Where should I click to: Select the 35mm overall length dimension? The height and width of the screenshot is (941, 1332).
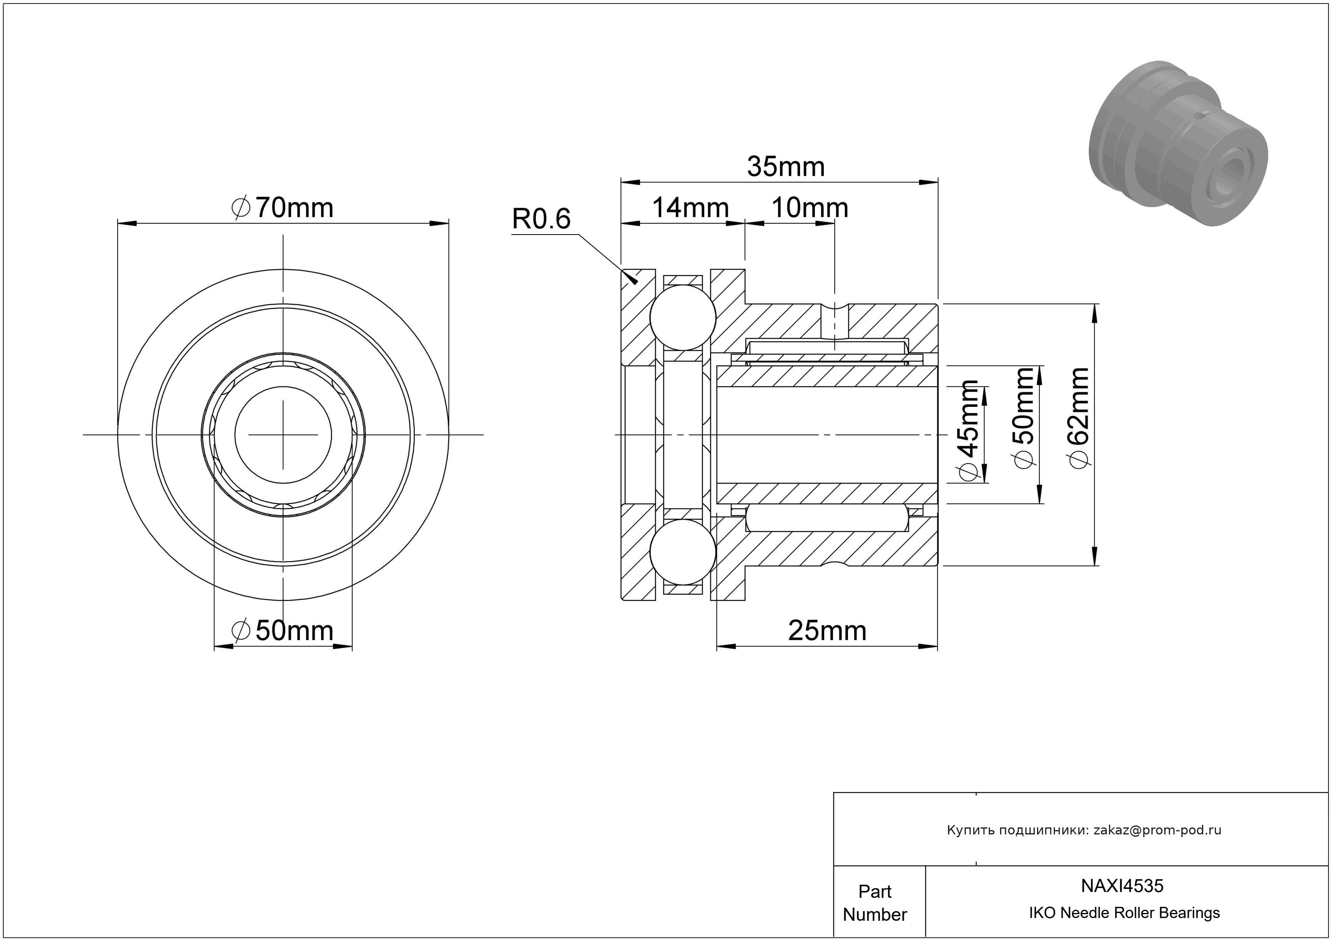(x=786, y=167)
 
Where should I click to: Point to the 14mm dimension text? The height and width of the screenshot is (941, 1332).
(x=690, y=208)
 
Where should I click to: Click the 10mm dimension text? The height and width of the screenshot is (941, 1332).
(x=810, y=208)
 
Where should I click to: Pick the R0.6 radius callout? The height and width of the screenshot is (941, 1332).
(x=541, y=219)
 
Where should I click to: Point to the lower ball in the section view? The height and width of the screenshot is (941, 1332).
(x=683, y=552)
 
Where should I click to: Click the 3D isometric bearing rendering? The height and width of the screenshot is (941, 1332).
(x=1178, y=143)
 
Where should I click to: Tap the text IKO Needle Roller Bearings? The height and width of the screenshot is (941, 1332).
(x=1124, y=913)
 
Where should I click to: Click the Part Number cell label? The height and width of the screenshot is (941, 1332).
(x=875, y=903)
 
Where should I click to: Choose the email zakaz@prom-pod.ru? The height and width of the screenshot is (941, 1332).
(x=1157, y=830)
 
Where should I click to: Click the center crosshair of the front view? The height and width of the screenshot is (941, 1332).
(x=283, y=434)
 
